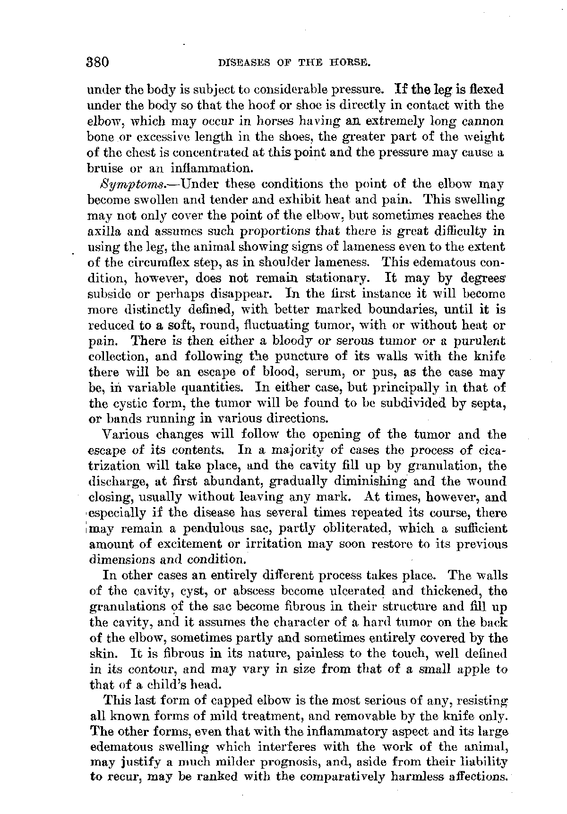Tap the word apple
click(476, 669)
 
